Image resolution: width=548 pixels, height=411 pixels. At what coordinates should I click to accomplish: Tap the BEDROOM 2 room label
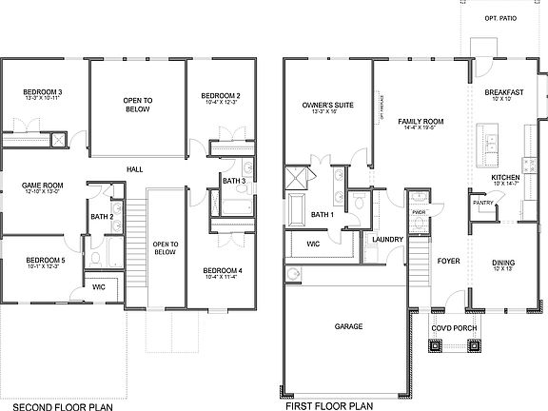[220, 96]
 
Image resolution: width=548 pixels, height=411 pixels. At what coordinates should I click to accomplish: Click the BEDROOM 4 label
[223, 271]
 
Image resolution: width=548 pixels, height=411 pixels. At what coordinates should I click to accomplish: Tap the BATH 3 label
[235, 181]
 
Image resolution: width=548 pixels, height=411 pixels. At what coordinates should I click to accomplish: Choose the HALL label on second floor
[135, 169]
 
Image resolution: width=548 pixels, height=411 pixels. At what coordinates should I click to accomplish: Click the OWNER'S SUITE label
[322, 105]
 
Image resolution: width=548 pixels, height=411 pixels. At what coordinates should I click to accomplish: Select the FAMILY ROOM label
[421, 122]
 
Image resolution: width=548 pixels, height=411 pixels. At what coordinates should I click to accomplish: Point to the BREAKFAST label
[504, 92]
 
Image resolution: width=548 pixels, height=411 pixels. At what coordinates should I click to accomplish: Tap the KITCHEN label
[505, 178]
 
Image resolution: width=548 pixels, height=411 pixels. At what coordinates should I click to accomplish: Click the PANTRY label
[482, 202]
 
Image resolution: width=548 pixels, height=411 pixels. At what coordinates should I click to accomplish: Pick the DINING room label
[504, 264]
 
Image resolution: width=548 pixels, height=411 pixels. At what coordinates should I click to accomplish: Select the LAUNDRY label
[389, 239]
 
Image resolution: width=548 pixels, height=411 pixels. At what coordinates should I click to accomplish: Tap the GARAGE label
[349, 326]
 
